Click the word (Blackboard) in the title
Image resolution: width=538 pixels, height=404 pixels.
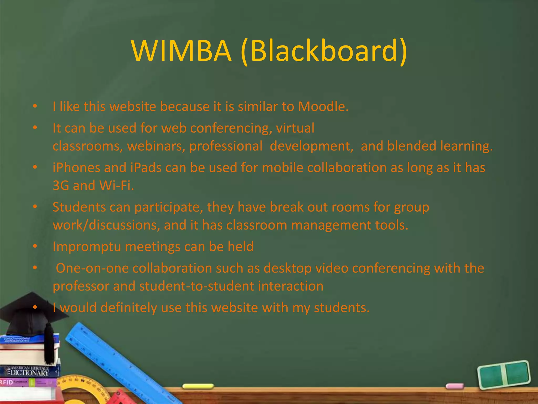(x=324, y=51)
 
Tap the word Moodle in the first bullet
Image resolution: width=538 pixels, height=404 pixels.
(x=323, y=107)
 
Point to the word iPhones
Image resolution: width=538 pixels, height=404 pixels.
(x=76, y=168)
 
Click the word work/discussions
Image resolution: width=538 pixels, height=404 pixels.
(x=106, y=225)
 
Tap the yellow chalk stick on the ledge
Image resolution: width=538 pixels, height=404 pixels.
(x=198, y=386)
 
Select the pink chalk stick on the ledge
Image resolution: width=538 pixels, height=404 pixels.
(x=455, y=386)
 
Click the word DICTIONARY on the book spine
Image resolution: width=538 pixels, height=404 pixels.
(x=29, y=373)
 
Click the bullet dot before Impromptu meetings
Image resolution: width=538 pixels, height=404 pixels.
(x=35, y=246)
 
